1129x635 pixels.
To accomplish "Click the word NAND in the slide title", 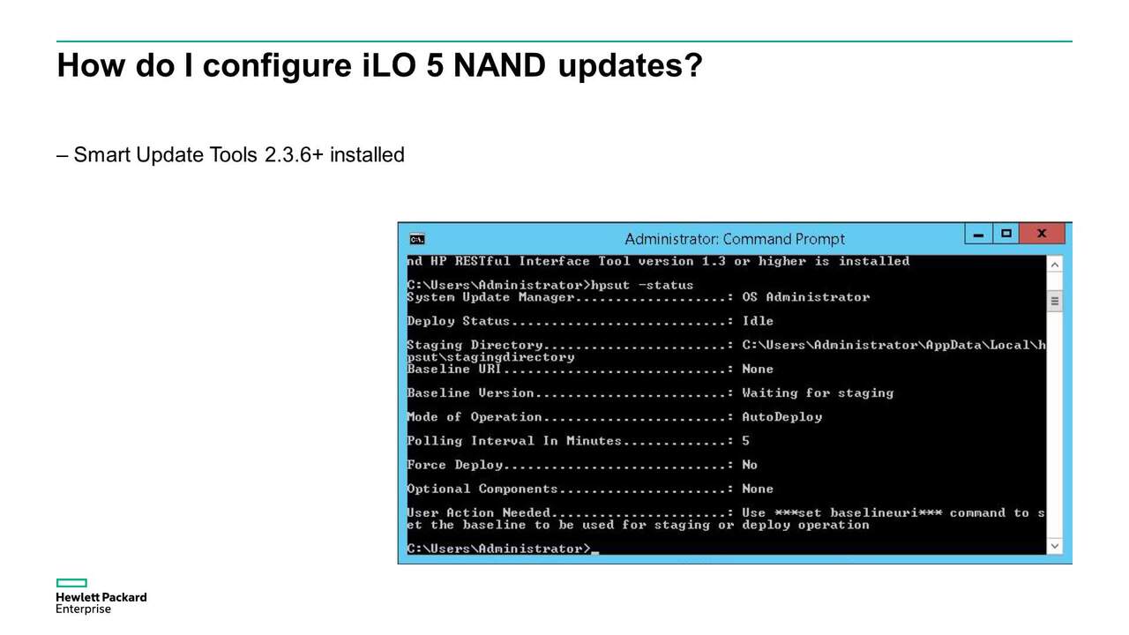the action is coord(499,65).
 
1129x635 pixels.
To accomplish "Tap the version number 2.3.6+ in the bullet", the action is coord(294,154).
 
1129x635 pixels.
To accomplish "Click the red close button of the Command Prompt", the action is coord(1042,234).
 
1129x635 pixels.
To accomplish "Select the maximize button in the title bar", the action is coord(1006,234).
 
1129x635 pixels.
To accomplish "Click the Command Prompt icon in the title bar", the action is coord(417,239).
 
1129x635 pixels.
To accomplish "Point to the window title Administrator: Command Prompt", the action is coord(735,239).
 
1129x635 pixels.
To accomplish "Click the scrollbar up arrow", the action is coord(1054,265).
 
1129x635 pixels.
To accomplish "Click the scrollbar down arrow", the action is coord(1054,546).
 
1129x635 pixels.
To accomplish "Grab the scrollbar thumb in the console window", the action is coord(1054,302).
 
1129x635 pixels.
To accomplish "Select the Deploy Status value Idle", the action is coord(758,321).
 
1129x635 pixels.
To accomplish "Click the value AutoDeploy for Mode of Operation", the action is coord(781,417).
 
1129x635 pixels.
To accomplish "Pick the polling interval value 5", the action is coord(745,441).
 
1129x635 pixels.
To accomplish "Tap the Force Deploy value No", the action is coord(750,465).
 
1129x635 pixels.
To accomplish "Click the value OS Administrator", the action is coord(806,297).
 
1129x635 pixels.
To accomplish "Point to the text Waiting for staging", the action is coord(818,393).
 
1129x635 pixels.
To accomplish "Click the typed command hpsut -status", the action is coord(642,285).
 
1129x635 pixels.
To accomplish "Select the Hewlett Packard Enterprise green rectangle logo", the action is coord(71,583).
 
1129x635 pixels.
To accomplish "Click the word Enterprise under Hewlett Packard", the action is coord(83,609).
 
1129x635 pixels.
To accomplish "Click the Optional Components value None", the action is coord(758,489).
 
